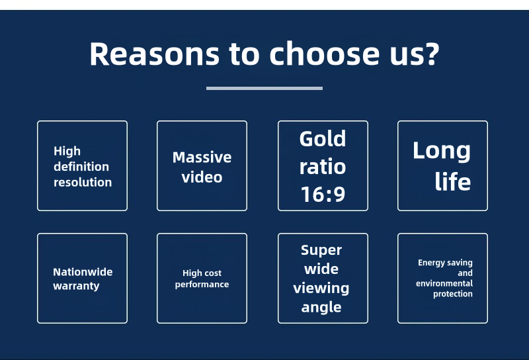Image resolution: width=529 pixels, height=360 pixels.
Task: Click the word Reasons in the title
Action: click(x=155, y=54)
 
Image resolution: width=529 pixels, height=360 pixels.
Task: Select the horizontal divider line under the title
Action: click(x=264, y=89)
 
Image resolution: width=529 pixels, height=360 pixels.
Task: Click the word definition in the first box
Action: click(x=81, y=166)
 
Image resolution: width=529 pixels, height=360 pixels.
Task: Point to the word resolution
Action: click(x=83, y=182)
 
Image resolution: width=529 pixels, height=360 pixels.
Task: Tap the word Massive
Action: click(x=202, y=157)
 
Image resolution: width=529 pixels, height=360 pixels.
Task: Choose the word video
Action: click(x=202, y=177)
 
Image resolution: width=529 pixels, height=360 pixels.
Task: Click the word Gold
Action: click(x=323, y=138)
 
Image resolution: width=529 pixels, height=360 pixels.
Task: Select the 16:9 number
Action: click(x=323, y=194)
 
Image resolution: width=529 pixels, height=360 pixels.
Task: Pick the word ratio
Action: click(x=323, y=167)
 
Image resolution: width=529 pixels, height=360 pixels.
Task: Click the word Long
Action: click(x=441, y=152)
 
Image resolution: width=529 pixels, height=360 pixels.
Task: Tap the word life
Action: click(x=452, y=181)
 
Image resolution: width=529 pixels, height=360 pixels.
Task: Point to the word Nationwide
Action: click(x=83, y=272)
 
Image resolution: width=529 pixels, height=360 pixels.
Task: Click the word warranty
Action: click(x=76, y=286)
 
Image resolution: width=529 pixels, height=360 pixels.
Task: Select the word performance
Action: click(x=202, y=285)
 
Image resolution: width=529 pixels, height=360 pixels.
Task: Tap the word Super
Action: click(x=321, y=250)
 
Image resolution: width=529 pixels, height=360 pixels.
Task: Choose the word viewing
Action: click(x=321, y=289)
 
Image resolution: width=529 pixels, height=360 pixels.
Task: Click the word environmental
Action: click(x=444, y=283)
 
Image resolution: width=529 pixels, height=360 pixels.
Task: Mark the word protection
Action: click(x=453, y=294)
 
